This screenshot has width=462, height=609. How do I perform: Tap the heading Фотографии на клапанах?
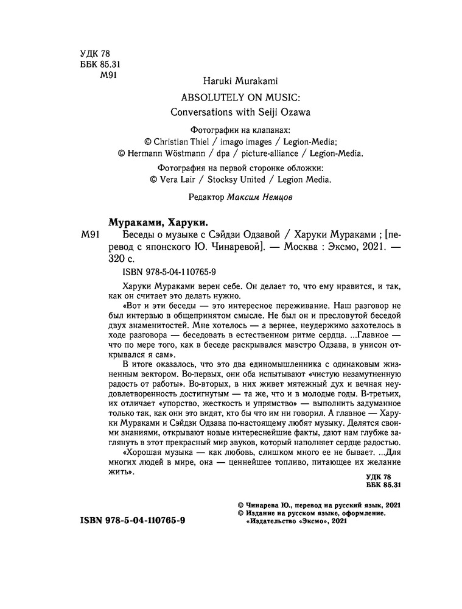tap(240, 130)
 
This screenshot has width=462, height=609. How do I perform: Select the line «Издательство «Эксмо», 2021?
tap(296, 522)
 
